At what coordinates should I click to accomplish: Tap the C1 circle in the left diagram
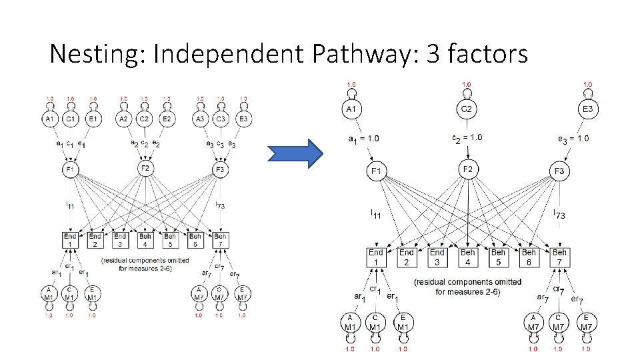[71, 119]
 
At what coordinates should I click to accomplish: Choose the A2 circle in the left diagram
[123, 119]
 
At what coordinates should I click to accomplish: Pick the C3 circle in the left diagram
[221, 119]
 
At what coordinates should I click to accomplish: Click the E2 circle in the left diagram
[167, 119]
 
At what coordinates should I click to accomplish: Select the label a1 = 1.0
[363, 139]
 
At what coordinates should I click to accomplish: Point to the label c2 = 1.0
[467, 138]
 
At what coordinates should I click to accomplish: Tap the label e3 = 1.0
[573, 139]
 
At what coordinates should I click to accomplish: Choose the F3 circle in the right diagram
[559, 172]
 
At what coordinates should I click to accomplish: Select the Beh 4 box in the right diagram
[467, 257]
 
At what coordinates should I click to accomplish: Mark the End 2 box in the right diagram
[407, 257]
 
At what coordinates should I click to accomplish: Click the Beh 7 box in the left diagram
[220, 240]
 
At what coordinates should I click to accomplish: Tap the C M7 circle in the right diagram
[559, 322]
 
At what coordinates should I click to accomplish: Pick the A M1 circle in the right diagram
[349, 322]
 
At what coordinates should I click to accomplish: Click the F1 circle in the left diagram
[71, 171]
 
